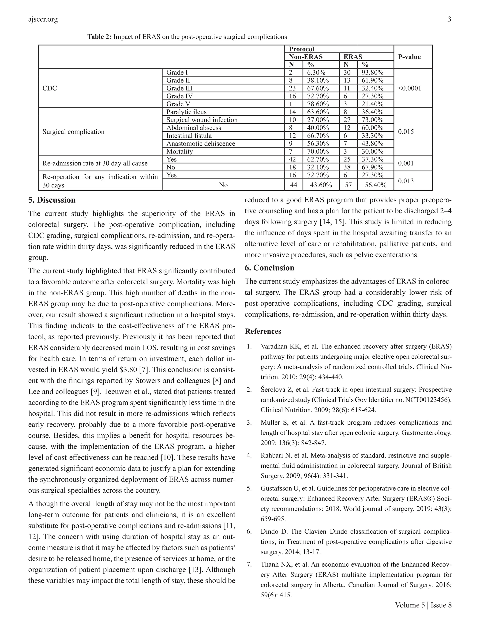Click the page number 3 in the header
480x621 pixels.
449,19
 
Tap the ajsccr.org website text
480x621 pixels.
43,19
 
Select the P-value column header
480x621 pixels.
409,57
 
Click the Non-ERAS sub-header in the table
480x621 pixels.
306,57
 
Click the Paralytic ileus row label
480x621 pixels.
186,112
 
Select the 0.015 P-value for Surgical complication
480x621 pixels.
406,132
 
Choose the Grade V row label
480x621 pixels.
178,104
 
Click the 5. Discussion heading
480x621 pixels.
52,200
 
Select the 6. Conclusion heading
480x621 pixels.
270,268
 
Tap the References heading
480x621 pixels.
263,331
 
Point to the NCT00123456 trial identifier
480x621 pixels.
428,400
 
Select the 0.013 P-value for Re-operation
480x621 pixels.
406,181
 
